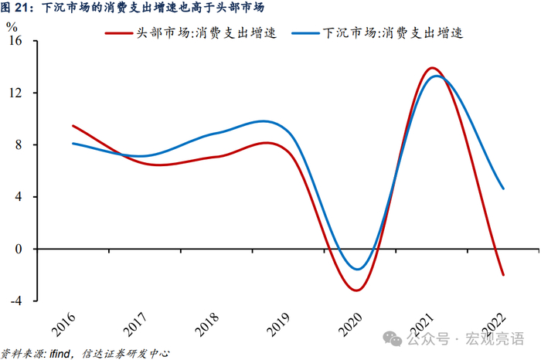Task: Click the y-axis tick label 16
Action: coord(15,41)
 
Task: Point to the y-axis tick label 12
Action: coord(15,93)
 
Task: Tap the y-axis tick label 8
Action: coord(19,144)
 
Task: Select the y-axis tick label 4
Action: coord(19,196)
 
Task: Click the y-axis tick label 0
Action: coord(19,249)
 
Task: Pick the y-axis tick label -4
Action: coord(16,301)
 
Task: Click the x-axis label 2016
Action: coord(63,324)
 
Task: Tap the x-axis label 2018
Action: coord(206,324)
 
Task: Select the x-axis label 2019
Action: coord(278,324)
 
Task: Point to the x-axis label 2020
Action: coord(350,324)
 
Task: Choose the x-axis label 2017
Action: coord(135,324)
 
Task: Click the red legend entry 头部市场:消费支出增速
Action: coord(191,33)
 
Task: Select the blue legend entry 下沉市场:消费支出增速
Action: coord(377,33)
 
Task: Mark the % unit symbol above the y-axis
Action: coord(12,26)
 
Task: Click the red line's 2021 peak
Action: coord(431,67)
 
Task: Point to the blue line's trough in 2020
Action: coord(357,270)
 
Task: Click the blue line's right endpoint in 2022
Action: coord(503,188)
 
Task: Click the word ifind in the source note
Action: coord(60,354)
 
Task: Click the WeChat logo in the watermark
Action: coord(393,338)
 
